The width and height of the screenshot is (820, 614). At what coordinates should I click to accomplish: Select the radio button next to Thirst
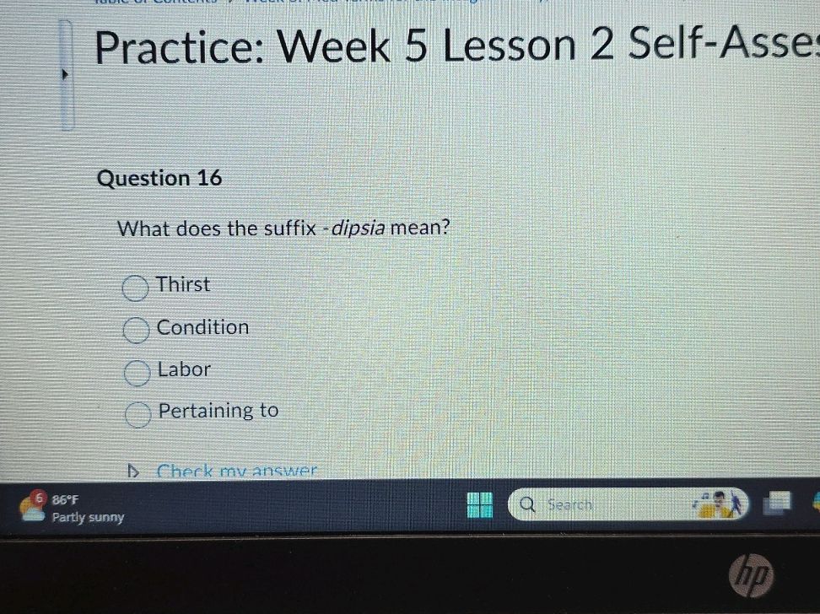[135, 288]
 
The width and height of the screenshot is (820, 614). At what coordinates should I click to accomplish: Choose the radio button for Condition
[135, 331]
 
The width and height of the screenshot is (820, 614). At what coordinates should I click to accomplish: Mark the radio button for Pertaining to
[138, 414]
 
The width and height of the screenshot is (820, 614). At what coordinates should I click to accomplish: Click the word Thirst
[183, 285]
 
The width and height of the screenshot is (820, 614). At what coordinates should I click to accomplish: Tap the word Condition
[202, 327]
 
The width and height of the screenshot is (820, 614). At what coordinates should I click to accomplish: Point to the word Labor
[184, 369]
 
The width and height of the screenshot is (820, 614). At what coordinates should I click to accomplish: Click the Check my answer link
[236, 471]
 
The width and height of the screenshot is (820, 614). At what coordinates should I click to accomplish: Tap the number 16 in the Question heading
[210, 179]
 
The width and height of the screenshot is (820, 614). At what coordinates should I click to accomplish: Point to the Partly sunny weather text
[88, 517]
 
